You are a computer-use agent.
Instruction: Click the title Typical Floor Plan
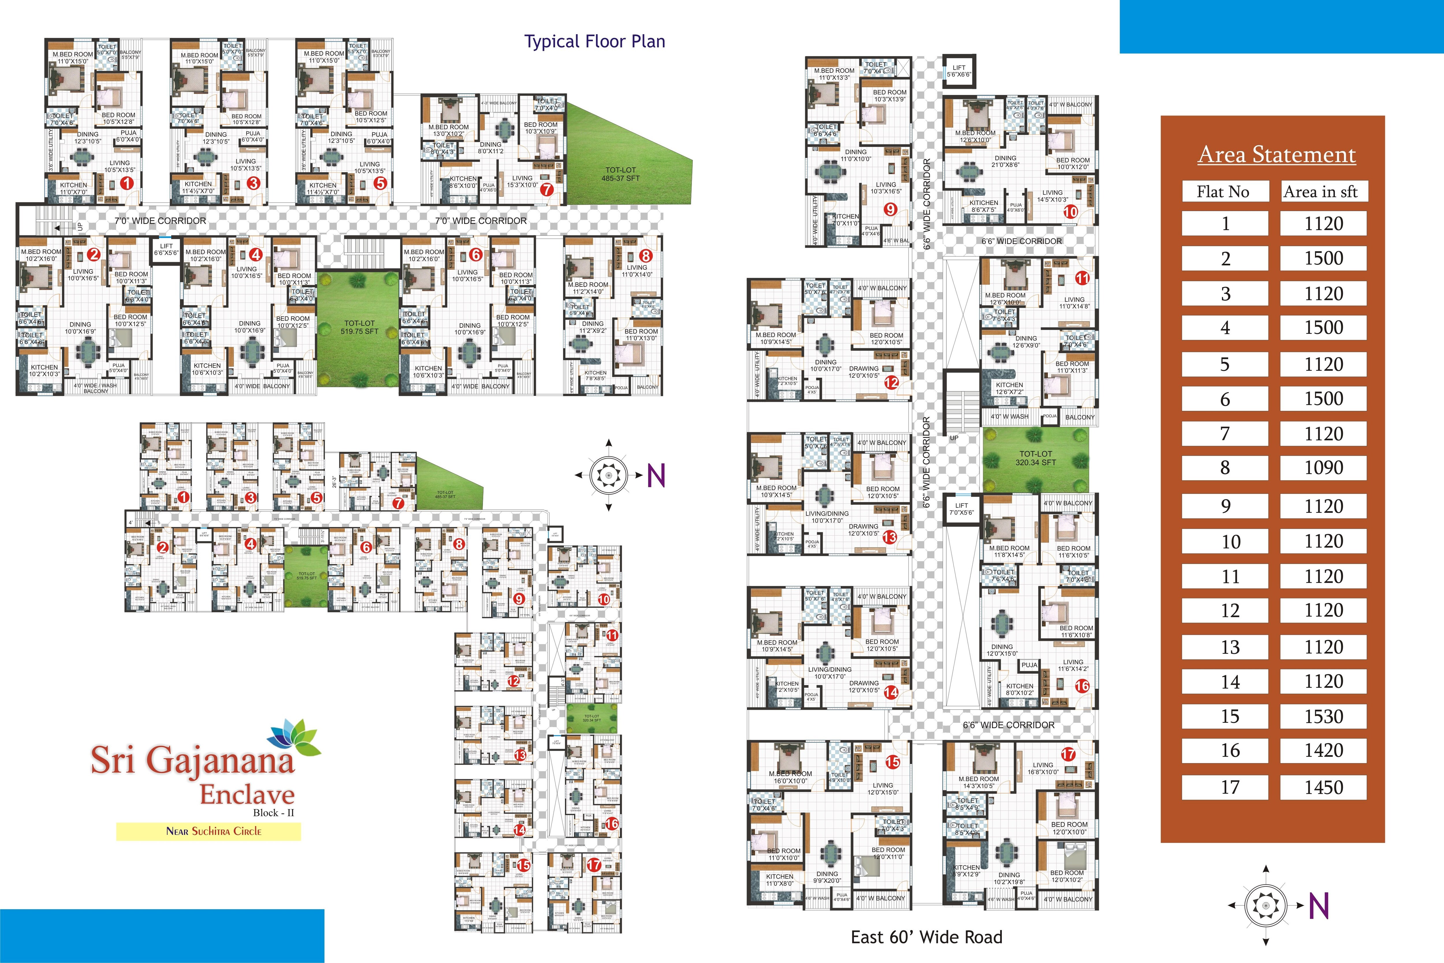595,42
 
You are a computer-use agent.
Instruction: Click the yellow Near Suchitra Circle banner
209,832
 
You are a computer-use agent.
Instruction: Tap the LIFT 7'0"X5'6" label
961,509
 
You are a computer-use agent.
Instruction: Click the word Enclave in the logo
247,795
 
